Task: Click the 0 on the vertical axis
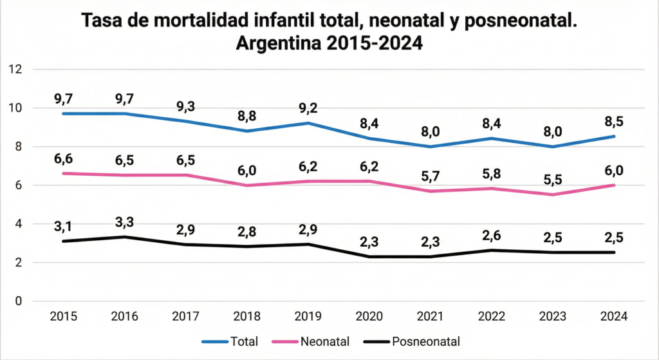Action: click(18, 301)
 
